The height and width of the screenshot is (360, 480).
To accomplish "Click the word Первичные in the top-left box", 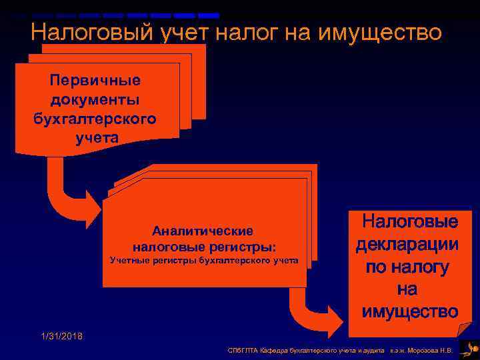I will (x=95, y=81).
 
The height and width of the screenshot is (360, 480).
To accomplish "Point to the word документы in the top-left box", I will (x=95, y=100).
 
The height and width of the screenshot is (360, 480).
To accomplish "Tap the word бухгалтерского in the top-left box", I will (x=95, y=119).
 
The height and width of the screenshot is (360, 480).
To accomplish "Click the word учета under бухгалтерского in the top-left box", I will (x=95, y=139).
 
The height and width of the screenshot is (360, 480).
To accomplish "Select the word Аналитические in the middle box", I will (x=203, y=231).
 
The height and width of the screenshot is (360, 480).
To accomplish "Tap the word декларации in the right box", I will (x=407, y=244).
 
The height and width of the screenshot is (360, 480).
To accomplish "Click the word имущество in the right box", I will (x=409, y=311).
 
